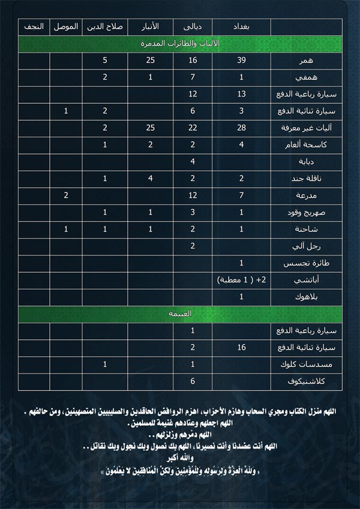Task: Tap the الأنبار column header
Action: coord(151,27)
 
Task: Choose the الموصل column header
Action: coord(65,27)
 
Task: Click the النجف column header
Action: coord(34,27)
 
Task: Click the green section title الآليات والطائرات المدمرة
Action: coord(180,44)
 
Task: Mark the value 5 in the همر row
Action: coord(105,61)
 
